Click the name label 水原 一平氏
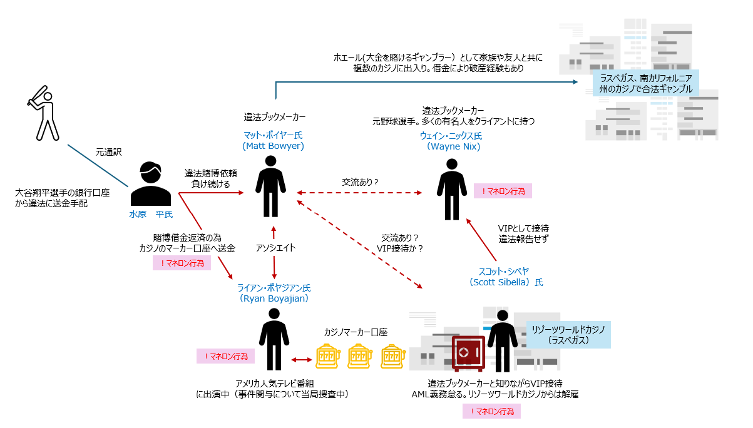pos(151,214)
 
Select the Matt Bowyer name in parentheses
pos(273,146)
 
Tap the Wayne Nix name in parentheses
pos(453,146)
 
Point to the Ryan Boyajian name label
pos(274,293)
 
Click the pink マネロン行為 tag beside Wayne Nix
pos(503,191)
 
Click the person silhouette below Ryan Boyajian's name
pos(274,338)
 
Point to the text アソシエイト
pos(275,248)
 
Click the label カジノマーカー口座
pos(356,332)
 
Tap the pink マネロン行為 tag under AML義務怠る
pos(491,411)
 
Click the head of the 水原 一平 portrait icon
pos(151,172)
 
